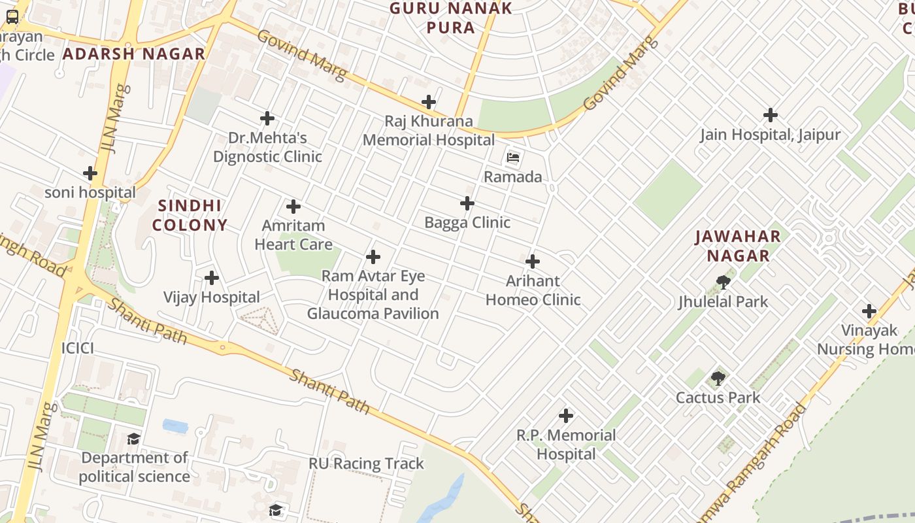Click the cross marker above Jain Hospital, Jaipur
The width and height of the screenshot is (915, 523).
[x=771, y=116]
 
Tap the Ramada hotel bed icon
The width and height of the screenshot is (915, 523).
[x=513, y=158]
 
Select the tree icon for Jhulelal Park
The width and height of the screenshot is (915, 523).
[x=723, y=282]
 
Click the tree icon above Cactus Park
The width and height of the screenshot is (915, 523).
[x=718, y=379]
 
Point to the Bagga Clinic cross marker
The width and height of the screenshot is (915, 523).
[x=467, y=203]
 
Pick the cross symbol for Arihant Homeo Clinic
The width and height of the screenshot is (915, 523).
[x=533, y=261]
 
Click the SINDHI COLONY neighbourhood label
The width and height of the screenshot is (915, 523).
[x=190, y=215]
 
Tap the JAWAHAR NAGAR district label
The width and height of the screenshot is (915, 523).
[x=737, y=246]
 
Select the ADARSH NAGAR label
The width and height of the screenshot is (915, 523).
[x=134, y=54]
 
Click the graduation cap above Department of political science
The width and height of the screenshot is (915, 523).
[x=134, y=439]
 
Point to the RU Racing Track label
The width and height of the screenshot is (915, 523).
[x=366, y=464]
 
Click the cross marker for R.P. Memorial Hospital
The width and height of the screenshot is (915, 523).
[x=566, y=416]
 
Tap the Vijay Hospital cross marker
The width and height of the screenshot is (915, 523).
[x=212, y=278]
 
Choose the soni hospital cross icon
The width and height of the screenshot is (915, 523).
[x=90, y=173]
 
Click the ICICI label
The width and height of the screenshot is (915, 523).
[x=78, y=348]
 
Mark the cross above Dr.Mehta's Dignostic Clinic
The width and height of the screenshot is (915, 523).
[x=267, y=118]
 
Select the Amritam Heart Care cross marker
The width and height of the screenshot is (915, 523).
[x=293, y=207]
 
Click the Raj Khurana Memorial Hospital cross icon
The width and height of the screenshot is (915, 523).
[x=429, y=102]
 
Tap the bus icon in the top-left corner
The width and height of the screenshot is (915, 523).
[x=12, y=17]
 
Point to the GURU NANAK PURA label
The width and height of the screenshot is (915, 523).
[x=451, y=18]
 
